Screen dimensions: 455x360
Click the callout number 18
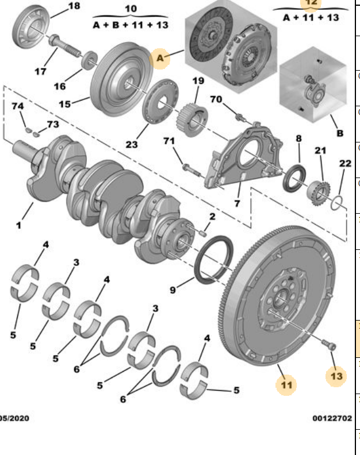tap(74, 6)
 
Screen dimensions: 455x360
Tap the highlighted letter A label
tap(160, 57)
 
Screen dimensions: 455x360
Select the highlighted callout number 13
tap(336, 376)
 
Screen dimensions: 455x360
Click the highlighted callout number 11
tap(286, 384)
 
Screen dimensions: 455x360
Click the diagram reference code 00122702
tap(332, 418)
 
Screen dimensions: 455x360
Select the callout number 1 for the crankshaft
tap(18, 225)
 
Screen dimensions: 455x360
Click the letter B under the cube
tap(340, 133)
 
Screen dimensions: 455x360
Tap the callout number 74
tap(18, 107)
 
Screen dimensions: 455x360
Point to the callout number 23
tap(132, 144)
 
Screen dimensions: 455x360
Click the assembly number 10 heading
tap(131, 9)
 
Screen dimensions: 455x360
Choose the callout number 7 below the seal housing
tap(236, 203)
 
